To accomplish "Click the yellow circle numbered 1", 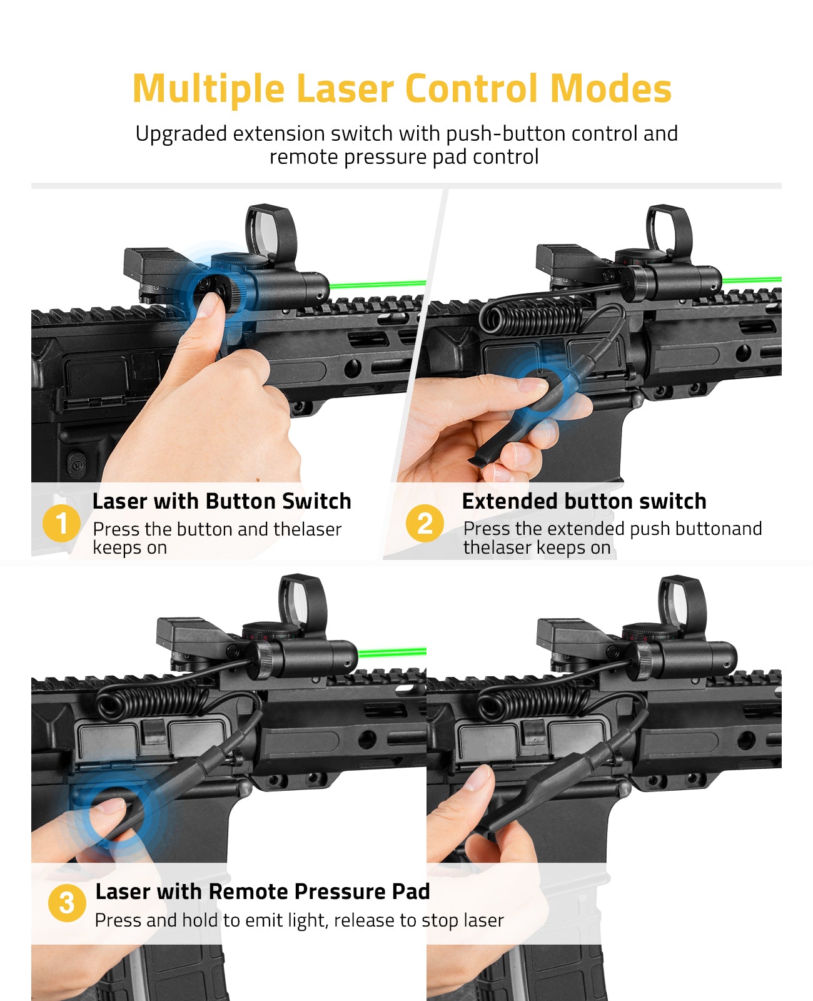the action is tap(61, 523).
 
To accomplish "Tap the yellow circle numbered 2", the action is tap(425, 523).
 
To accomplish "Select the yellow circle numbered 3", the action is tap(67, 903).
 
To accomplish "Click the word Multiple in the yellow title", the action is tap(209, 89).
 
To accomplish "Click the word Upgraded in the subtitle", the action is tap(181, 135).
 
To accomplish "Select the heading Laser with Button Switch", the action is tap(221, 501).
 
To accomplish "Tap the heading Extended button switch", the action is tap(584, 501).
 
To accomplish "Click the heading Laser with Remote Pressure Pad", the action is tap(263, 892).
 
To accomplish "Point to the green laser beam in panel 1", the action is tap(378, 284).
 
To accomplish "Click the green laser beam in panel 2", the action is tap(752, 280).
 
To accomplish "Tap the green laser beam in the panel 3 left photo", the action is tap(392, 653).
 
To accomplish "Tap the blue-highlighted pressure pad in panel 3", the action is tap(116, 806).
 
